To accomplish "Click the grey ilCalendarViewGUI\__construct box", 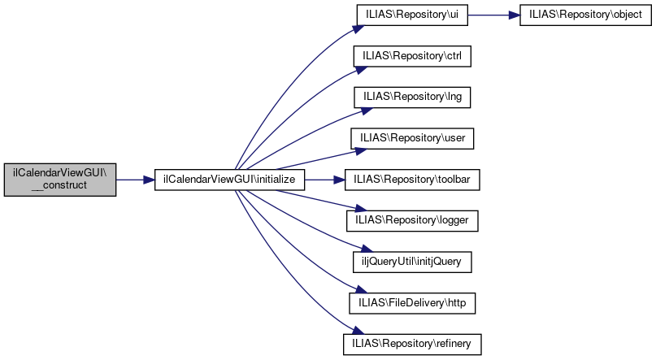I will pos(60,179).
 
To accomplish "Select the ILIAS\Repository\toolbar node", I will pos(414,179).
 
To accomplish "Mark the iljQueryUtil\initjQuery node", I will pos(411,261).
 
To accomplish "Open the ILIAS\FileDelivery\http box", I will pos(411,301).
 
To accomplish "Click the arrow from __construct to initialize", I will pos(135,179).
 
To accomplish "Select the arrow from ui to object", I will pos(492,16).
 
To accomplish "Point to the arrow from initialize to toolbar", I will pos(325,179).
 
